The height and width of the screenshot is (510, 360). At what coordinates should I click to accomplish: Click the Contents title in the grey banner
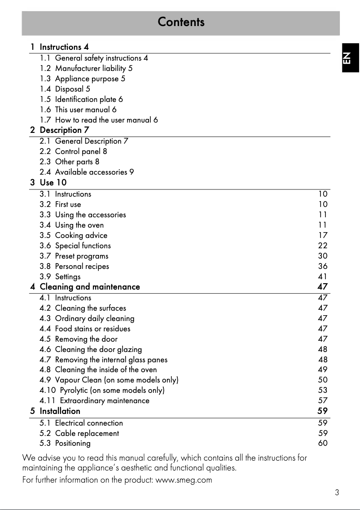(181, 22)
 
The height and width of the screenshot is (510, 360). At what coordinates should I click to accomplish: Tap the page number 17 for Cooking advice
(323, 235)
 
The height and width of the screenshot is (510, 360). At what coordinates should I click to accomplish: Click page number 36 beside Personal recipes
(323, 266)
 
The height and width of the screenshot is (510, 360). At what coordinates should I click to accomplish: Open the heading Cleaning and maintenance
(90, 287)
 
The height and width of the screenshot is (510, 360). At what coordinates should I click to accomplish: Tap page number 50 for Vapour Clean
(323, 380)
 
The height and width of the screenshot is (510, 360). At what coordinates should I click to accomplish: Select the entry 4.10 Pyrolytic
(102, 390)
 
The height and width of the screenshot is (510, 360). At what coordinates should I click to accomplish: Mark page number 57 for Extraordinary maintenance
(323, 400)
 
